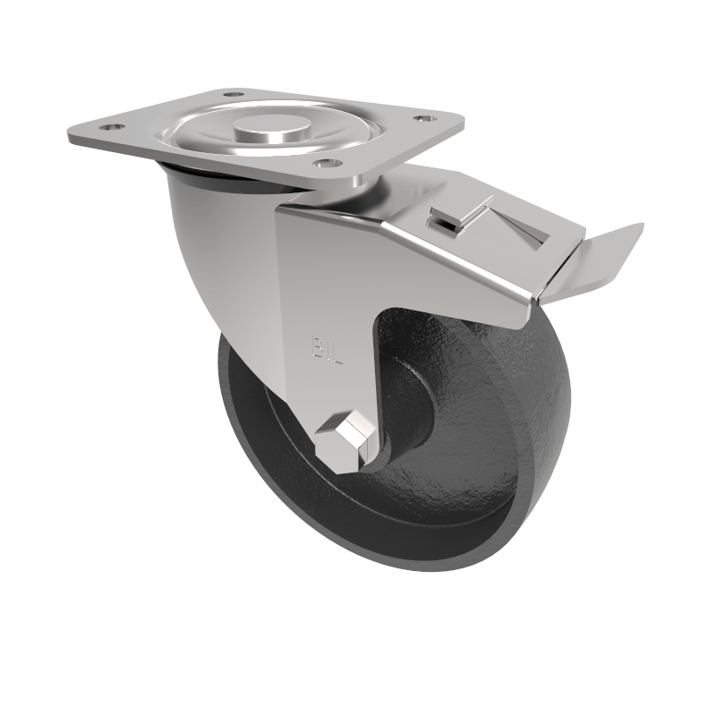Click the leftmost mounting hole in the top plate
click(x=111, y=128)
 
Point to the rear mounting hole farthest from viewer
click(x=232, y=93)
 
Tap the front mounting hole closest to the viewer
click(x=328, y=164)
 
